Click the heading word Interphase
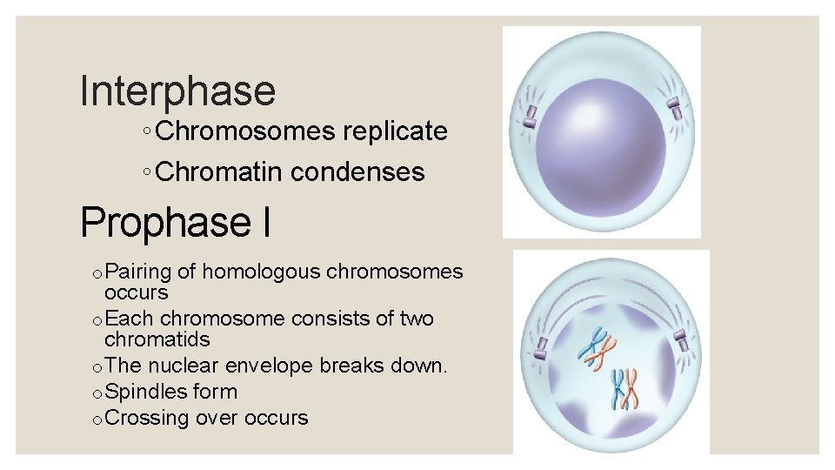[177, 91]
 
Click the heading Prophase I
[175, 222]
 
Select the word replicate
[395, 131]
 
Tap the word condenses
[357, 172]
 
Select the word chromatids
[157, 339]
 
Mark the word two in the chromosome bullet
[416, 319]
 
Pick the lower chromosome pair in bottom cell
[624, 389]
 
